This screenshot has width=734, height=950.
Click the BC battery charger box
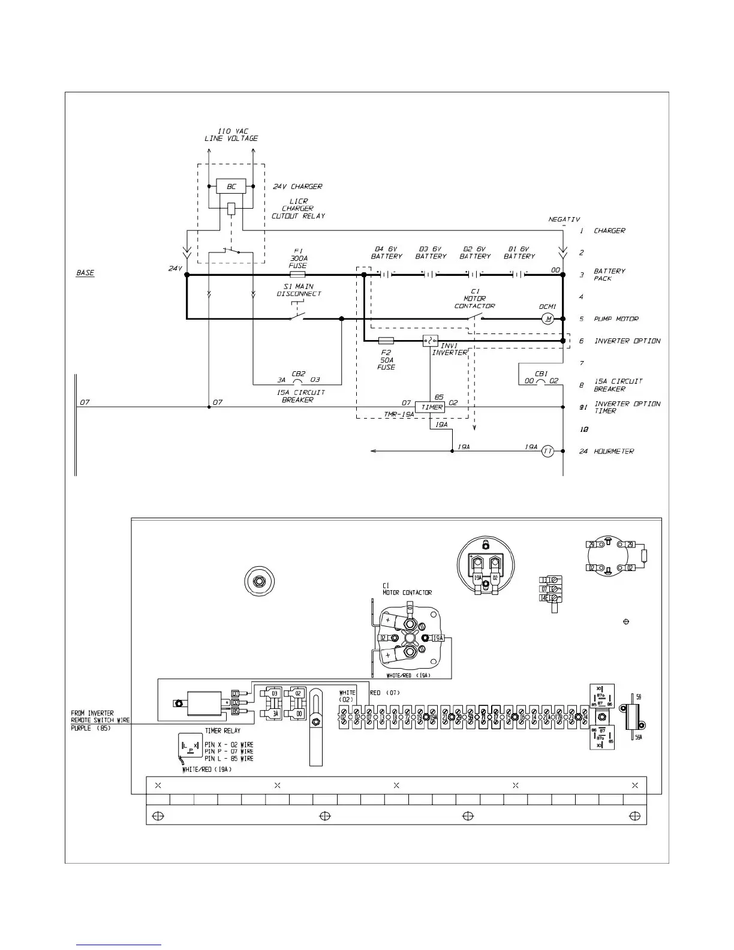[231, 187]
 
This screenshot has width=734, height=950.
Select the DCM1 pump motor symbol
[548, 319]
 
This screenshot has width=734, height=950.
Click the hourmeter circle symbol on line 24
[548, 451]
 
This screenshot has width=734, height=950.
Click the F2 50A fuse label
[386, 360]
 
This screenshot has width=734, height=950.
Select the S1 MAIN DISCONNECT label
[299, 290]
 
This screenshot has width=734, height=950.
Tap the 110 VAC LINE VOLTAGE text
[231, 135]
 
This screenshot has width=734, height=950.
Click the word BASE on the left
[85, 273]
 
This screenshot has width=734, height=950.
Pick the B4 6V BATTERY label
[387, 252]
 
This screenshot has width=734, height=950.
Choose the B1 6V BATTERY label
[519, 252]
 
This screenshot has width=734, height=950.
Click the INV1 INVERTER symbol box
[430, 341]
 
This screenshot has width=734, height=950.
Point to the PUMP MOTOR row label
[616, 319]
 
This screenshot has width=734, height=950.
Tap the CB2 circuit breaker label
[298, 374]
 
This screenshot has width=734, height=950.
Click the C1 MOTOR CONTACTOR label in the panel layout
[407, 589]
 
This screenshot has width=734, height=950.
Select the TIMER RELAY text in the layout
[223, 731]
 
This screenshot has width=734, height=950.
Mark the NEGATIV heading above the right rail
[564, 220]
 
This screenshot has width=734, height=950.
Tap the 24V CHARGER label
[297, 187]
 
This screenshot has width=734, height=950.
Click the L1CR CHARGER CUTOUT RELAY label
[298, 209]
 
